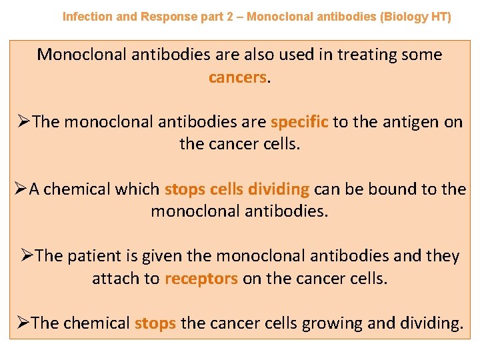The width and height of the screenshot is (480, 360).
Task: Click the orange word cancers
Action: [237, 77]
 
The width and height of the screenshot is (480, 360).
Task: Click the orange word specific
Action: [299, 122]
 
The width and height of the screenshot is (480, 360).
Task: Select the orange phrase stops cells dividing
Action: [237, 189]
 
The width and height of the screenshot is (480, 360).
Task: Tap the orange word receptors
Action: [201, 278]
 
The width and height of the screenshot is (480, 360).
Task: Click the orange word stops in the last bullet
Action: [155, 323]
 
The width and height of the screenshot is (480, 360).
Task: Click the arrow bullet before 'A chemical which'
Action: [20, 189]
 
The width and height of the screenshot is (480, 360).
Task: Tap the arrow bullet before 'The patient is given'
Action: [27, 256]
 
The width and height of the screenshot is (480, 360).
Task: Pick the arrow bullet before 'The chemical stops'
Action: [23, 323]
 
